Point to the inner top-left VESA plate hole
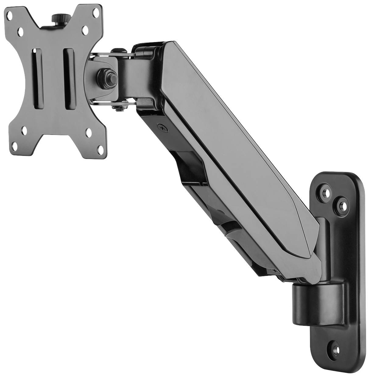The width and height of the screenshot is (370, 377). (21, 31)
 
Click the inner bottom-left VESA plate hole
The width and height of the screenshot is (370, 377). (23, 133)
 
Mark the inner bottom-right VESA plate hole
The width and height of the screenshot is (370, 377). (89, 133)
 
